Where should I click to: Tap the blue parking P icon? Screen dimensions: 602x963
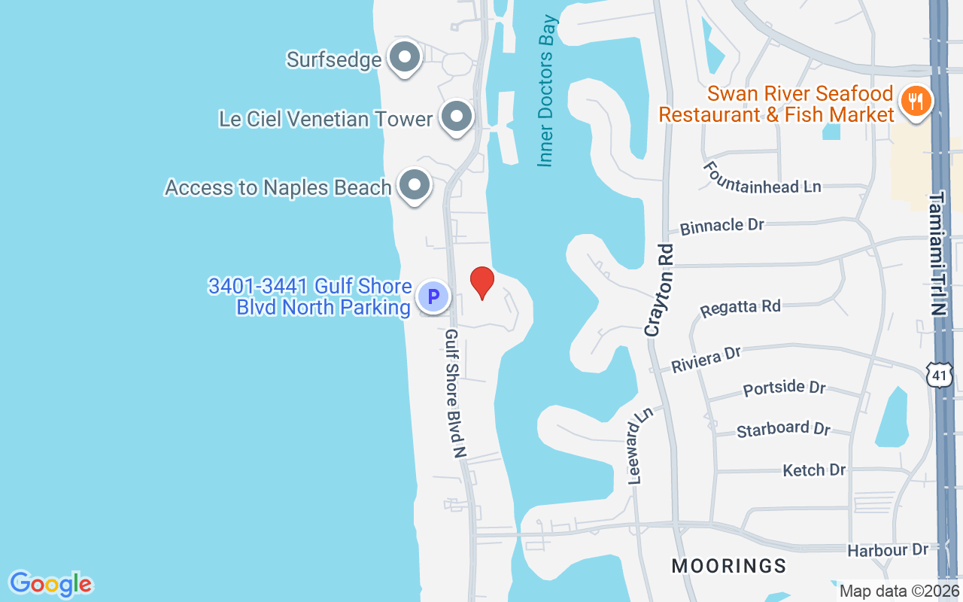point(433,296)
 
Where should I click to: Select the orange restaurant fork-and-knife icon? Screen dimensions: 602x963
point(916,100)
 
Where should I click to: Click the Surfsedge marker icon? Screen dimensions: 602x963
point(405,56)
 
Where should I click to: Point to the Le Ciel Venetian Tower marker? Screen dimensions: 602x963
point(456,117)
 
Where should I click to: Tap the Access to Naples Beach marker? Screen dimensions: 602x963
point(414,184)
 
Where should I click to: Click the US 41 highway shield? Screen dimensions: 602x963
point(936,373)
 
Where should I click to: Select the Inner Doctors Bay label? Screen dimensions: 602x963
point(546,90)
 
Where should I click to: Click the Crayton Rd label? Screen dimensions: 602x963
point(658,289)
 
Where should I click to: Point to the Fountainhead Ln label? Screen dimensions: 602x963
point(762,177)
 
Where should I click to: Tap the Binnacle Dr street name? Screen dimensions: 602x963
point(721,226)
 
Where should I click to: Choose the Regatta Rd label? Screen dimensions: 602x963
point(740,308)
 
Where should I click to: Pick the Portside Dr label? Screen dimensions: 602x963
point(784,388)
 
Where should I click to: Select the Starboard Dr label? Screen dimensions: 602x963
point(783,429)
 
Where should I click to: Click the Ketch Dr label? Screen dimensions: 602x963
point(814,470)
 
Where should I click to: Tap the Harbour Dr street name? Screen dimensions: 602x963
point(888,550)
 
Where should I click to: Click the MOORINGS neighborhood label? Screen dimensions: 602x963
point(728,566)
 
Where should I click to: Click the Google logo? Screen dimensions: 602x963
point(51,583)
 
